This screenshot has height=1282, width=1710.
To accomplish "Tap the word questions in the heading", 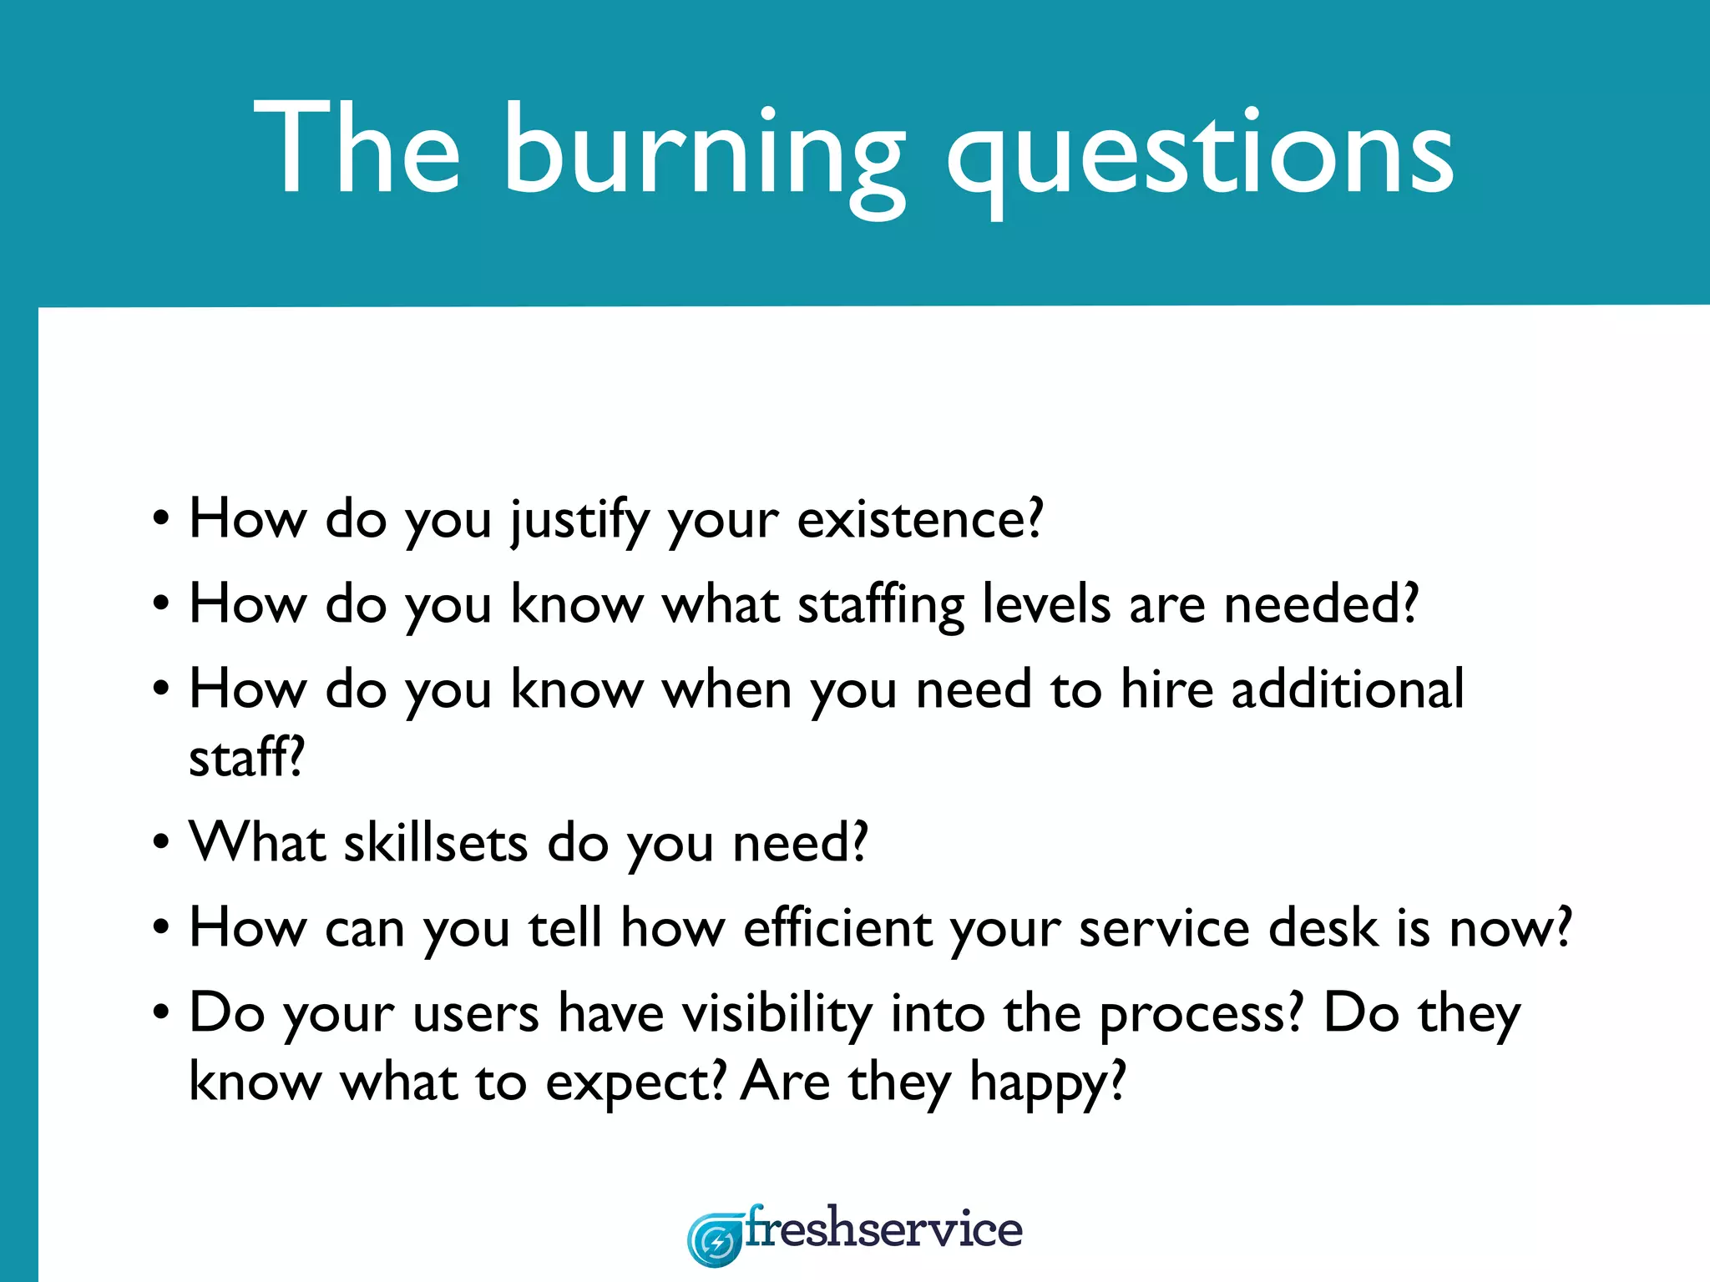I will (x=1201, y=154).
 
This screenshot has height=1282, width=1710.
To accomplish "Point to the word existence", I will (x=918, y=518).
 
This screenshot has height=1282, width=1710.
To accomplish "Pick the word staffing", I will (x=880, y=604).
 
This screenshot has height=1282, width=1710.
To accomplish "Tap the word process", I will (x=1199, y=1015).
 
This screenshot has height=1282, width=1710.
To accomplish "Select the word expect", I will (x=635, y=1083).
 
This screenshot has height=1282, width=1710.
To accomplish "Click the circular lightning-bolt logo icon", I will (x=715, y=1240).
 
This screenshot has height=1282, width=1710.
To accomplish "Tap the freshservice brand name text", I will (x=883, y=1229).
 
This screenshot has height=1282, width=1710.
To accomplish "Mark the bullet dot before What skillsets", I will (x=161, y=843).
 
